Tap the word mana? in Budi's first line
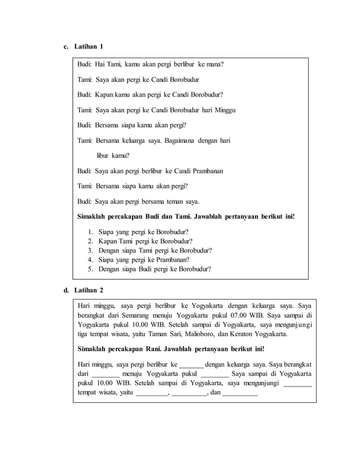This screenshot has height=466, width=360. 214,64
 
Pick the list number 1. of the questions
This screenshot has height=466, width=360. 91,231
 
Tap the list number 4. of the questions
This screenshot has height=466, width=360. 91,260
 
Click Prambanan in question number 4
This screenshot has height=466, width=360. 169,260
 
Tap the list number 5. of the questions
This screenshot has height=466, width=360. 91,269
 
